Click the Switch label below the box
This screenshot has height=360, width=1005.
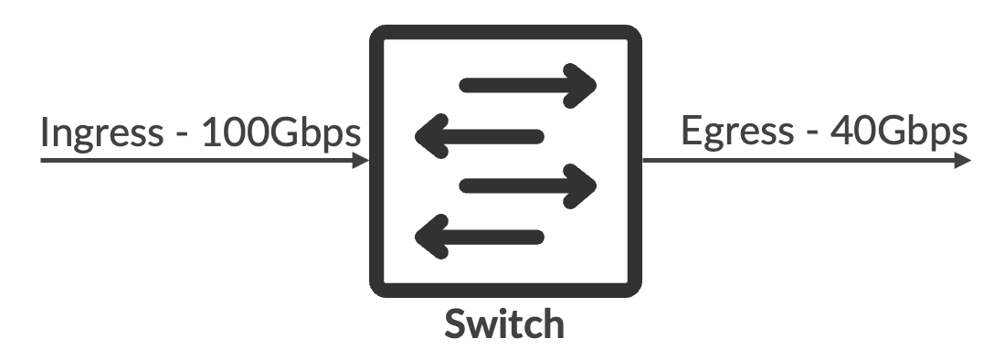503,324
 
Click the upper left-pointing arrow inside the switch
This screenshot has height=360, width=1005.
481,136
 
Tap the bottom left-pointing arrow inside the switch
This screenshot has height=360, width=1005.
481,236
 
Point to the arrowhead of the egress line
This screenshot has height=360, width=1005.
963,161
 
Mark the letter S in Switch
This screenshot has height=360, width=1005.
456,324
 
